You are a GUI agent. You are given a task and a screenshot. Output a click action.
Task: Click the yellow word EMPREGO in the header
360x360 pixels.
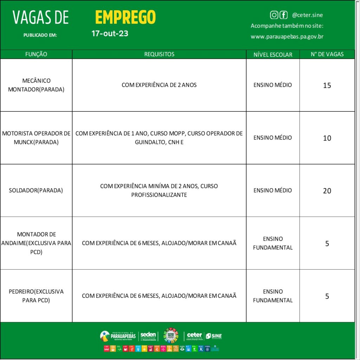pyautogui.click(x=125, y=17)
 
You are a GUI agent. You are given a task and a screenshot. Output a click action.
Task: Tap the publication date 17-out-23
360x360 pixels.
pyautogui.click(x=110, y=34)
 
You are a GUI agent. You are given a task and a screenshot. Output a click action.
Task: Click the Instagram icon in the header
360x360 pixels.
pyautogui.click(x=274, y=15)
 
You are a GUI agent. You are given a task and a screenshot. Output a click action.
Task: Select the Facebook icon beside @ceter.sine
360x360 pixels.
pyautogui.click(x=283, y=15)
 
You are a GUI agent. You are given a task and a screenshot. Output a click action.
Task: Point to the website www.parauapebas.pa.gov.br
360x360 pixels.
pyautogui.click(x=287, y=37)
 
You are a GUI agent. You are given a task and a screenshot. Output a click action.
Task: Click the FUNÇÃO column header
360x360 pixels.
pyautogui.click(x=36, y=54)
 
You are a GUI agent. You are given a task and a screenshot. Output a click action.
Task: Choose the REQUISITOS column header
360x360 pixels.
pyautogui.click(x=159, y=54)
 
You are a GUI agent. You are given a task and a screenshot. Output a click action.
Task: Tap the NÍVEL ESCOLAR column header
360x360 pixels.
pyautogui.click(x=273, y=54)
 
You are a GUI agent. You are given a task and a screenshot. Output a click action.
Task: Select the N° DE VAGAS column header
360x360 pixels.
pyautogui.click(x=327, y=54)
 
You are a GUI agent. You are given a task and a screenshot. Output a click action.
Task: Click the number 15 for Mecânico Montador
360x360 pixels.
pyautogui.click(x=327, y=85)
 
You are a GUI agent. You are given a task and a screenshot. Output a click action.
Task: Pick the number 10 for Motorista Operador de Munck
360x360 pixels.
pyautogui.click(x=327, y=138)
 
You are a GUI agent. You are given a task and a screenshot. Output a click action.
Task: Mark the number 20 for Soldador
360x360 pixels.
pyautogui.click(x=327, y=191)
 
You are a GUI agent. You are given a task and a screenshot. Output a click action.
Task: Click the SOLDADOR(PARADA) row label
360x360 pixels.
pyautogui.click(x=36, y=191)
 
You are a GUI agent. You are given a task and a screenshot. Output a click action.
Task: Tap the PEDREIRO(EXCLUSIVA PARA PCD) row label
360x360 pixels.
pyautogui.click(x=36, y=296)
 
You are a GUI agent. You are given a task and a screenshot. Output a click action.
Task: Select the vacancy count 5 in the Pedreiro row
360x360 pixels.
pyautogui.click(x=327, y=296)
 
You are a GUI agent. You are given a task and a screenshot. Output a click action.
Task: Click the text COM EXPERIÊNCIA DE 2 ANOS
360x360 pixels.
pyautogui.click(x=159, y=85)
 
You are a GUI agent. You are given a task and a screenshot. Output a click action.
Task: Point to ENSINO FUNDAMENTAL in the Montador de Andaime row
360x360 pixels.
pyautogui.click(x=273, y=243)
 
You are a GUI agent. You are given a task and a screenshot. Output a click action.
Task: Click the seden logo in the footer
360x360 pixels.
pyautogui.click(x=148, y=336)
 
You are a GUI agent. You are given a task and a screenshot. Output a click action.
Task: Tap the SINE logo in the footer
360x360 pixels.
pyautogui.click(x=214, y=336)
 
